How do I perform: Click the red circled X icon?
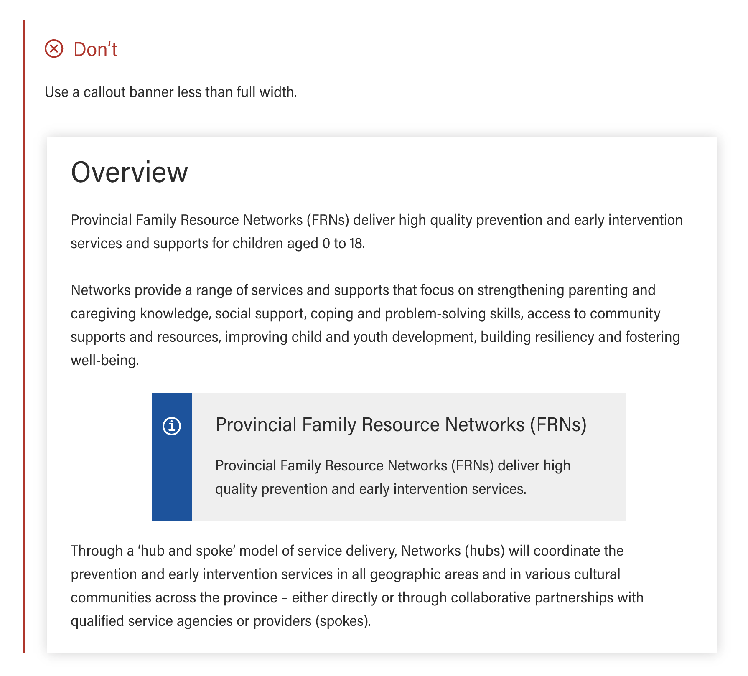(54, 49)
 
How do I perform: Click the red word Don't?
(95, 49)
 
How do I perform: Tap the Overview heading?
(130, 172)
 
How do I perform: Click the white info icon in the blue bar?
(172, 426)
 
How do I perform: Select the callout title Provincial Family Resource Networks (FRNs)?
(401, 424)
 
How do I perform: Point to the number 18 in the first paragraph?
(356, 243)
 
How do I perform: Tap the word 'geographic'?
(401, 574)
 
